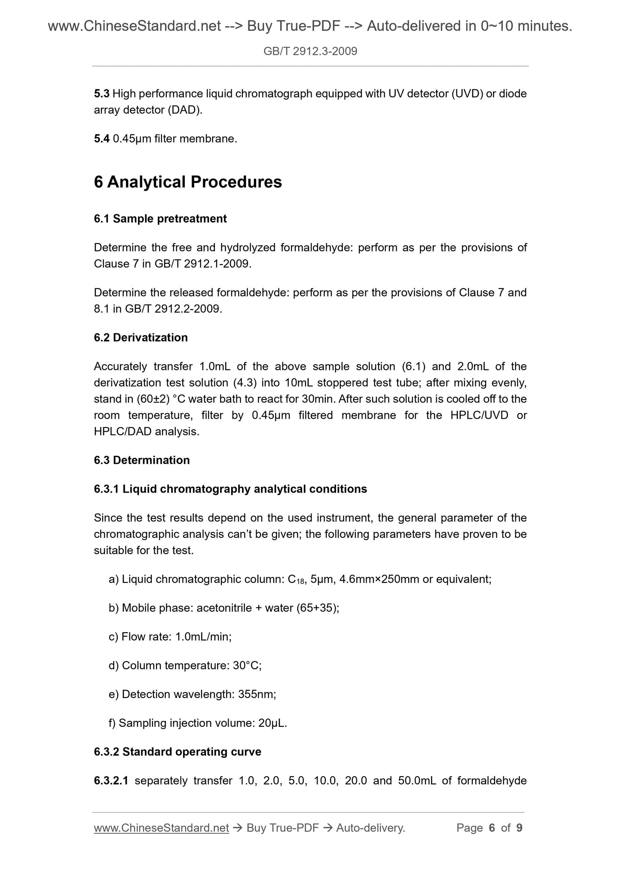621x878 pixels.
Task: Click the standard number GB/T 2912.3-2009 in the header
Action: (x=310, y=52)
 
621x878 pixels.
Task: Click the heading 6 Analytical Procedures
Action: (x=188, y=182)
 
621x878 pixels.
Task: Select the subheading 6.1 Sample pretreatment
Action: (x=160, y=219)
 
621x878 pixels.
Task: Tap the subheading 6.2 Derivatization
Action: (x=141, y=338)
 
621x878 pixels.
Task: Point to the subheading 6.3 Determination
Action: (x=141, y=460)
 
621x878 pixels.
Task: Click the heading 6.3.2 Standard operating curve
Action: (x=177, y=752)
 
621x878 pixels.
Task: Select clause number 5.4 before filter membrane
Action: (x=101, y=139)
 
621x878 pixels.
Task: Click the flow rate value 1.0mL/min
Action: (x=203, y=637)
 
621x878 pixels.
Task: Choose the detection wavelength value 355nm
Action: (x=257, y=694)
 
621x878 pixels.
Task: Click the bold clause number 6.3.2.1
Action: (x=111, y=780)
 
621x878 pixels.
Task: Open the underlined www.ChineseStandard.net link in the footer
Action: (x=161, y=828)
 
